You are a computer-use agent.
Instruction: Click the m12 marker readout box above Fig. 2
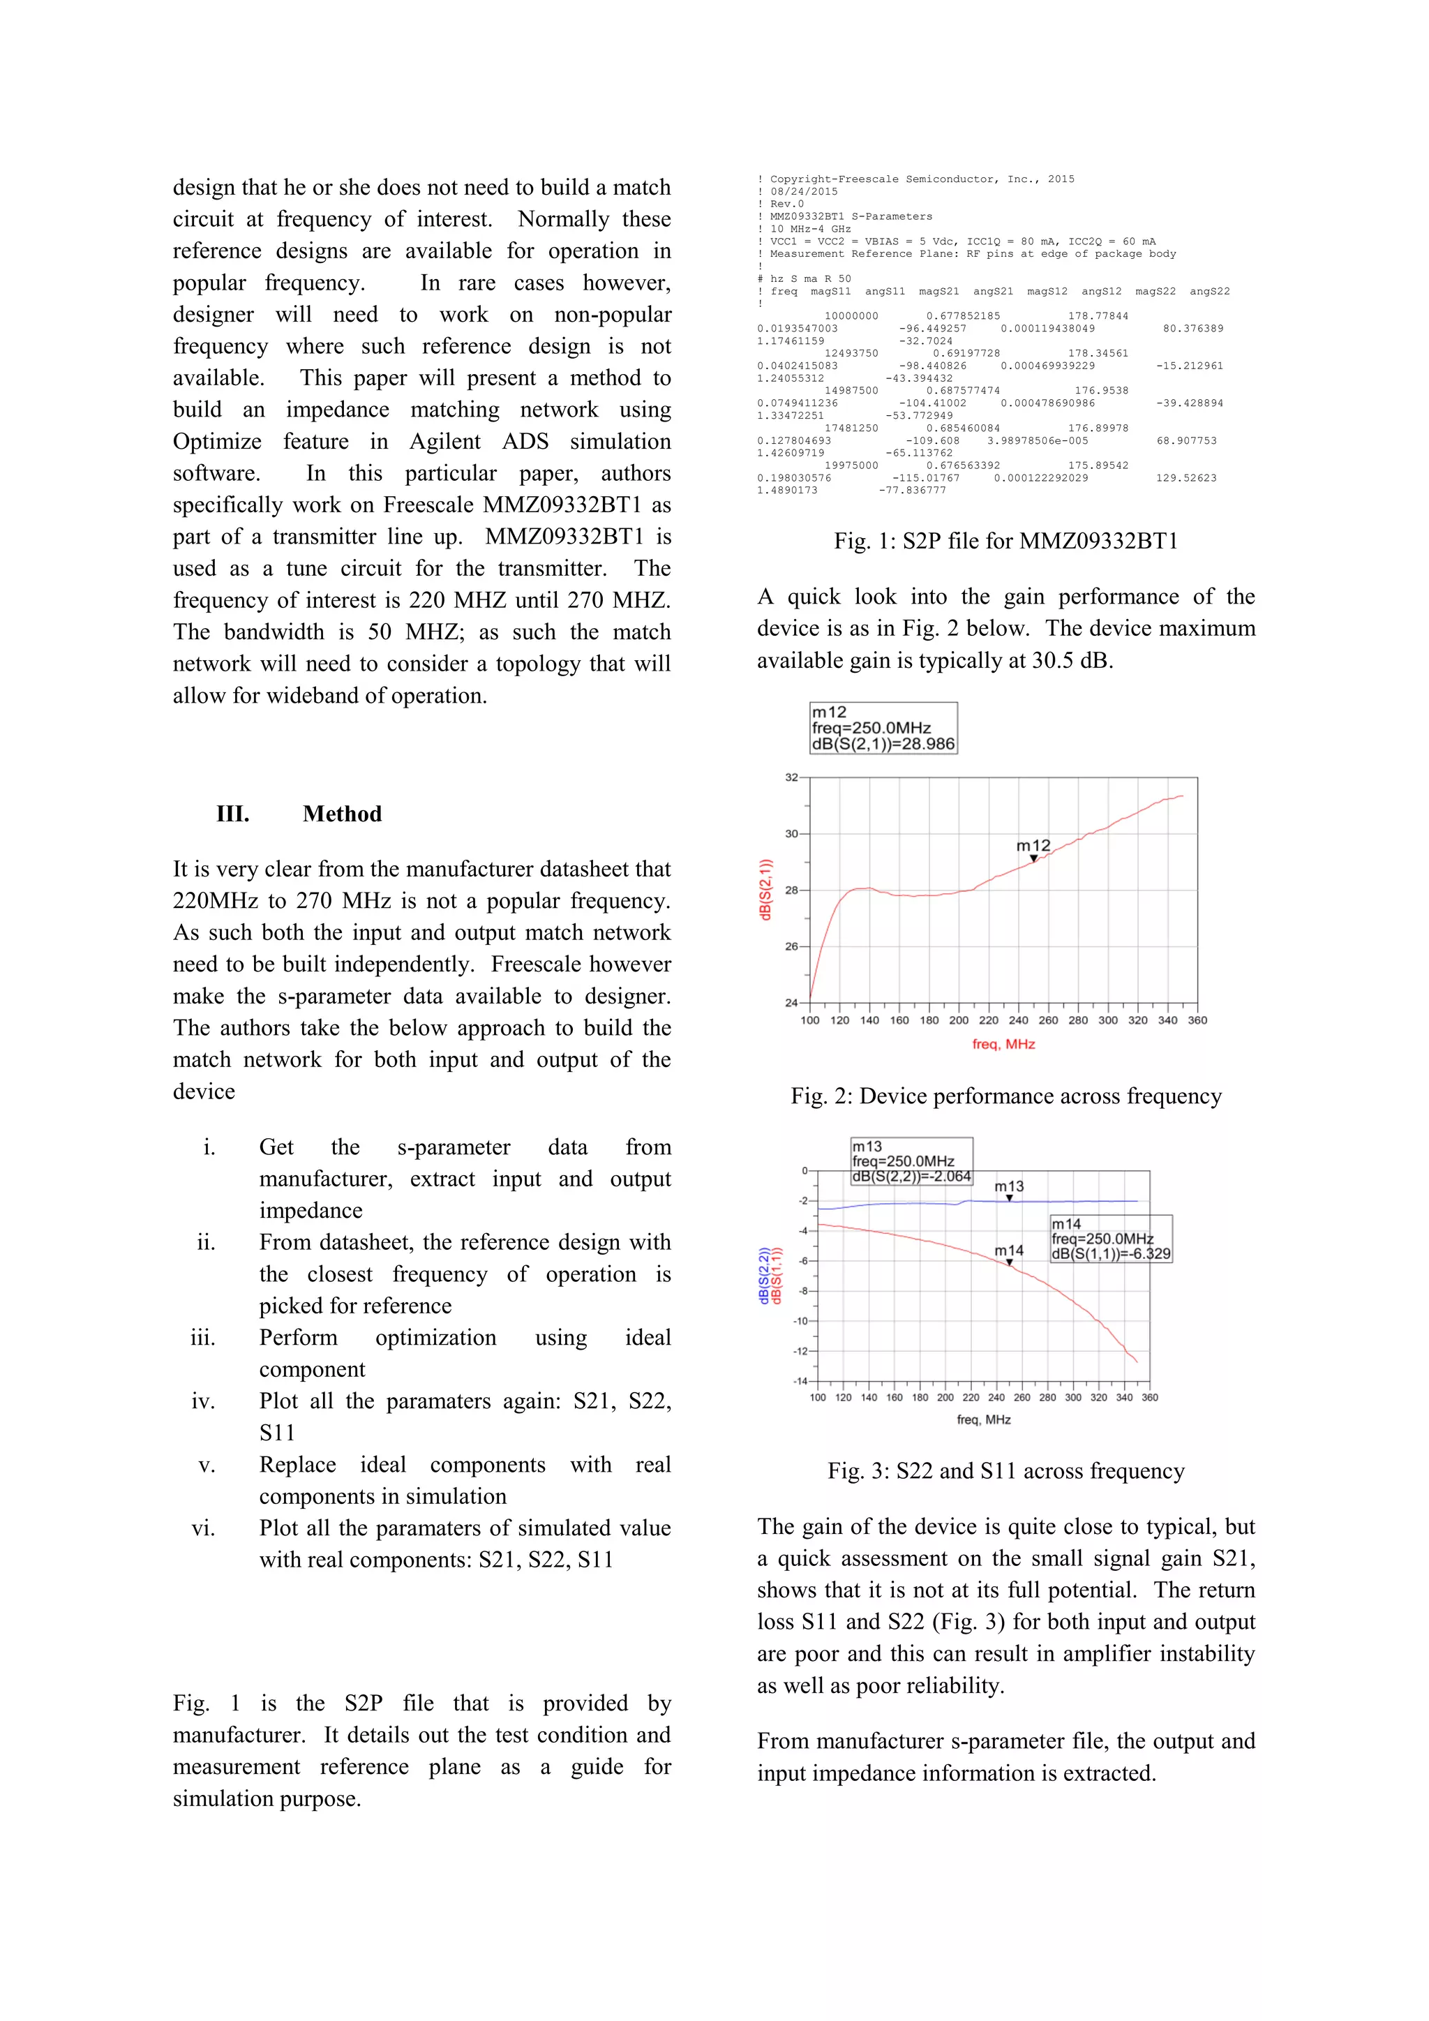(x=883, y=728)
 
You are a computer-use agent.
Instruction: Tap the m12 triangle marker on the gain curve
(x=1034, y=858)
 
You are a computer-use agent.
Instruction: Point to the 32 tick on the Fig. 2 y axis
(x=791, y=777)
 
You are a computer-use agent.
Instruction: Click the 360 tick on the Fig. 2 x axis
(x=1197, y=1020)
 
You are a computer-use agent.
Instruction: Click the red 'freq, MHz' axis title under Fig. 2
(x=1003, y=1044)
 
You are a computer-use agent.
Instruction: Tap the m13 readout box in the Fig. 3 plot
(x=911, y=1161)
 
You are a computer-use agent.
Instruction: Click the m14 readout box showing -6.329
(x=1110, y=1239)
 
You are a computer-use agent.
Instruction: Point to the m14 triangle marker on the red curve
(x=1009, y=1262)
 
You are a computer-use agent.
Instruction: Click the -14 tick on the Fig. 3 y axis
(x=801, y=1381)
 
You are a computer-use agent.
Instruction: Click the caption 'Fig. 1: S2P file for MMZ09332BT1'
(x=1005, y=540)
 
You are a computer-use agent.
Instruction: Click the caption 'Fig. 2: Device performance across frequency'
(x=1005, y=1096)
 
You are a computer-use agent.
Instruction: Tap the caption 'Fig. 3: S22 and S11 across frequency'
(x=1005, y=1471)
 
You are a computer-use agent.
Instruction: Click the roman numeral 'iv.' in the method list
(x=203, y=1401)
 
